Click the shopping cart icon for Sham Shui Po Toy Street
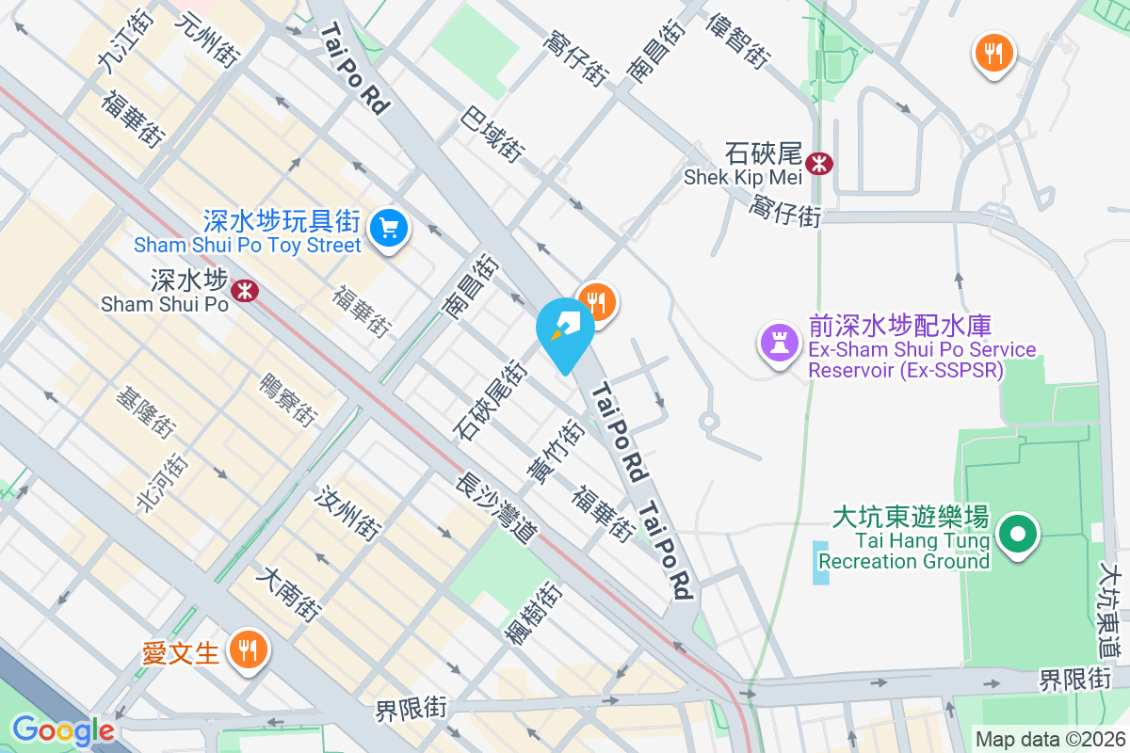[387, 227]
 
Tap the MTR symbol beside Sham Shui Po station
[246, 290]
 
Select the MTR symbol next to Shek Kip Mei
[820, 164]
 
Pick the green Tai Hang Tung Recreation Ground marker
[1017, 535]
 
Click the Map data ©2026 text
[1049, 739]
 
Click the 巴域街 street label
[493, 133]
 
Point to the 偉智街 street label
[739, 40]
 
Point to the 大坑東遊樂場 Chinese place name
[911, 518]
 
